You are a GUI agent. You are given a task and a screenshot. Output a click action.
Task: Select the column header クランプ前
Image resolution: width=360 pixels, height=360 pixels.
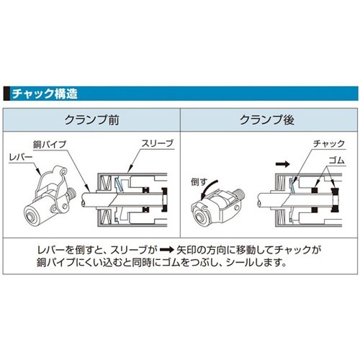(91, 120)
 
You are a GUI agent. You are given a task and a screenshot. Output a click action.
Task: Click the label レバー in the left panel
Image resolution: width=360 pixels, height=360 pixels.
(21, 156)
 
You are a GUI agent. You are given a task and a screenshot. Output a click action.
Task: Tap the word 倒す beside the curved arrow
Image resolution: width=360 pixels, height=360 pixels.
(197, 182)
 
